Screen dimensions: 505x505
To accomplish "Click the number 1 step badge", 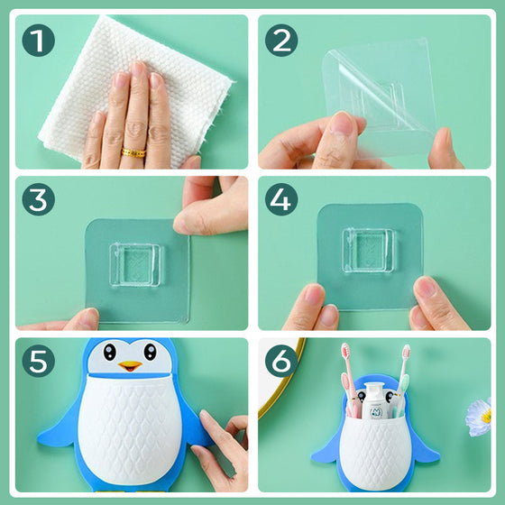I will pyautogui.click(x=37, y=40).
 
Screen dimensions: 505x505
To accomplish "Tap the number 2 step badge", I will pyautogui.click(x=281, y=40).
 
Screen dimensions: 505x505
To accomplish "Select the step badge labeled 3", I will pyautogui.click(x=37, y=201).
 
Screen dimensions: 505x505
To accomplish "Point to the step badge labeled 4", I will pyautogui.click(x=281, y=201).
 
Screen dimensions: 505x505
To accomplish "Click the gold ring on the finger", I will pyautogui.click(x=133, y=152).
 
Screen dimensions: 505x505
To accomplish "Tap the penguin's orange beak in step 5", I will pyautogui.click(x=129, y=367).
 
